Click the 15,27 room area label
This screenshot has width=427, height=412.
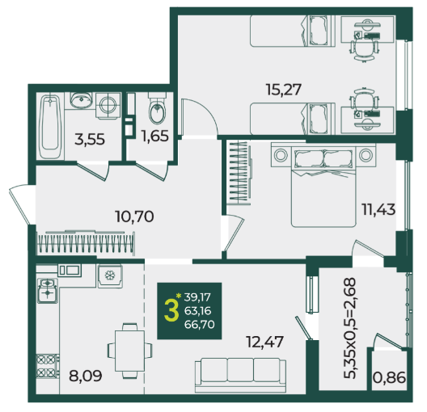(x=284, y=90)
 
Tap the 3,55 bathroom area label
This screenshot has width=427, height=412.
(x=90, y=140)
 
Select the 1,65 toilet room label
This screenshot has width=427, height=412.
(x=154, y=136)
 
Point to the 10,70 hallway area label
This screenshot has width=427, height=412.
(x=134, y=217)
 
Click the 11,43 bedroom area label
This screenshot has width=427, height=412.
(x=378, y=210)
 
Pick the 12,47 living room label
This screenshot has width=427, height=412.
(x=264, y=342)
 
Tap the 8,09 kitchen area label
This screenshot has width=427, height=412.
(x=86, y=376)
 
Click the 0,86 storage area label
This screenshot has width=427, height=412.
(x=389, y=377)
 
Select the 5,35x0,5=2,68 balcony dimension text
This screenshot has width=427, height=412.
(x=350, y=328)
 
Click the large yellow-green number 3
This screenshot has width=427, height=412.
(x=171, y=311)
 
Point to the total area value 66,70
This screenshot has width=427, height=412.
(x=199, y=325)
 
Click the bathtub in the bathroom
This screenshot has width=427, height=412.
(x=50, y=126)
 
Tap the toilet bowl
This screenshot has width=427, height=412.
(x=157, y=109)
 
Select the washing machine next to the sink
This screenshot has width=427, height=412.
(x=108, y=106)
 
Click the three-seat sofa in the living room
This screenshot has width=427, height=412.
(x=240, y=375)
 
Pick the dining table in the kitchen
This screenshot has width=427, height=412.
(x=129, y=351)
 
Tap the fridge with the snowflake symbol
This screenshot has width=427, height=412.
(x=110, y=276)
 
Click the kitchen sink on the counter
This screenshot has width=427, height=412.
(x=70, y=271)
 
